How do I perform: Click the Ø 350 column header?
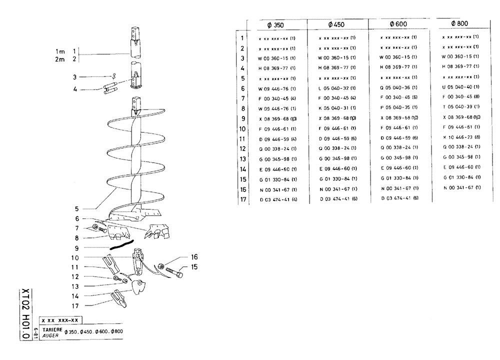tap(275, 24)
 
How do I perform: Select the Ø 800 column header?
tap(459, 24)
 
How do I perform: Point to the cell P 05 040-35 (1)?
tap(398, 107)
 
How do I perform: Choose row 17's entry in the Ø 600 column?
tap(398, 199)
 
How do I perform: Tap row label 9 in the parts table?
tap(242, 118)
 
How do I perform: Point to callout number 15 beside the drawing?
tap(194, 267)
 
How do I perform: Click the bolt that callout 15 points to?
tap(173, 273)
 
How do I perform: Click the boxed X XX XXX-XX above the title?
tap(61, 320)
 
